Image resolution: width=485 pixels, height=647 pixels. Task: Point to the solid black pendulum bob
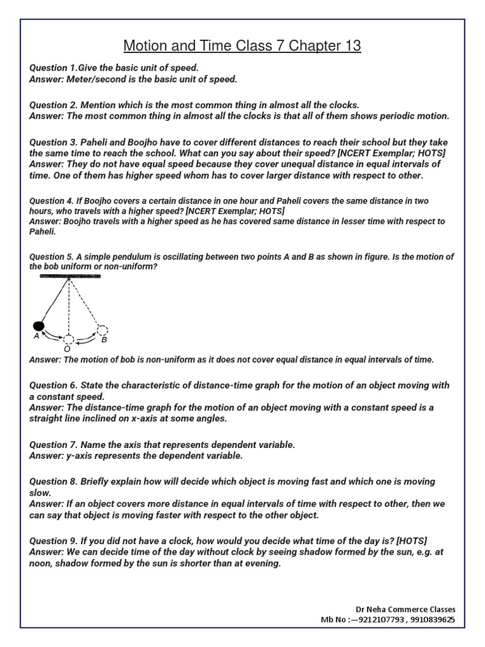(39, 326)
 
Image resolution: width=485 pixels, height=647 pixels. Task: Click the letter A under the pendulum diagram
(37, 337)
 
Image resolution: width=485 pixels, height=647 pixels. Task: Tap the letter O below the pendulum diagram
(67, 349)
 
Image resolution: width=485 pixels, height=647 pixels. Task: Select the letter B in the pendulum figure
(104, 339)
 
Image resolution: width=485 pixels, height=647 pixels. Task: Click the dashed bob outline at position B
(102, 329)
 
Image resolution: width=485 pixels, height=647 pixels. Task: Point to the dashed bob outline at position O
(68, 339)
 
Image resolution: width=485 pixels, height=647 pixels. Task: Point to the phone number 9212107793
(377, 620)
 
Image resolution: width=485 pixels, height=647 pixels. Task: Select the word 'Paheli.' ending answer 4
(42, 232)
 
